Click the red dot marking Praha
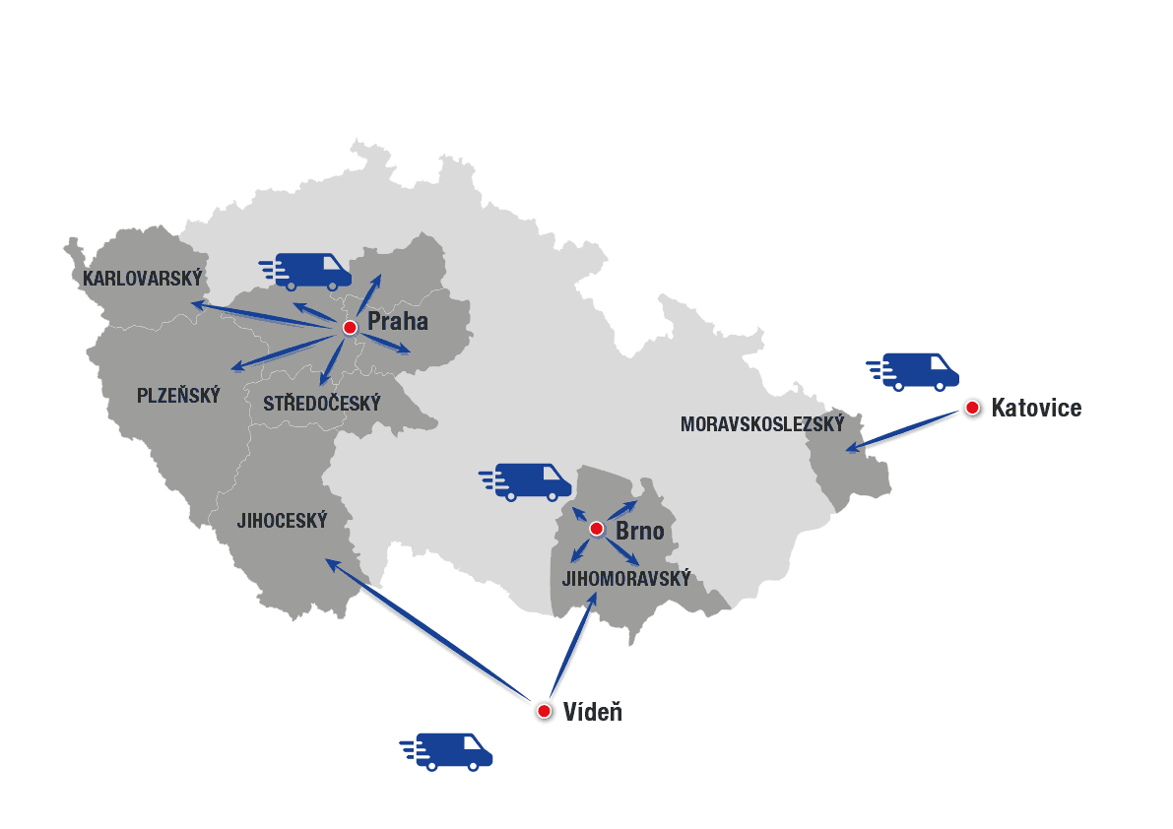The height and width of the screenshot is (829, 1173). [349, 327]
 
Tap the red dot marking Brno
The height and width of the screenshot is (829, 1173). [596, 530]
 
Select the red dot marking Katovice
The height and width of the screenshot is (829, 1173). [972, 408]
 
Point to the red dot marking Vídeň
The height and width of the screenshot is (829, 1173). [544, 711]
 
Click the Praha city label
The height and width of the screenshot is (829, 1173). [398, 321]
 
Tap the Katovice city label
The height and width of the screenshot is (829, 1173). [1036, 408]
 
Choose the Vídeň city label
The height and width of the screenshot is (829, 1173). [593, 712]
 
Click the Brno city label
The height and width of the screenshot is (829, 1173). [640, 532]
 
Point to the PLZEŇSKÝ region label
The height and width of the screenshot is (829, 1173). [178, 396]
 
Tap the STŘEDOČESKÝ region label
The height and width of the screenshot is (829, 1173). [321, 404]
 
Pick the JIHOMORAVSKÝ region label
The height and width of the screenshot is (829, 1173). [626, 579]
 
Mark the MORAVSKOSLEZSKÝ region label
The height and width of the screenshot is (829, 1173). [762, 424]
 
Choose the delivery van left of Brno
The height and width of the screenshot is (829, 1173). [527, 481]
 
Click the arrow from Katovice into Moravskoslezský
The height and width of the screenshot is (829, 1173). [904, 431]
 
